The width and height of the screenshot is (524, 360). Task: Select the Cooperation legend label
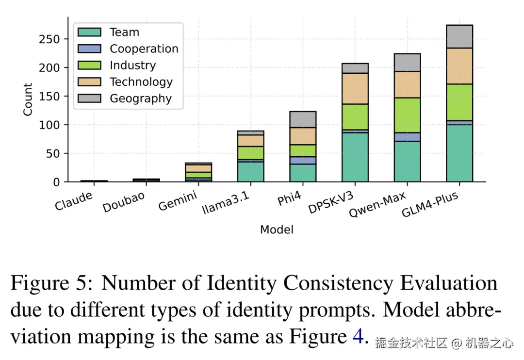pyautogui.click(x=144, y=49)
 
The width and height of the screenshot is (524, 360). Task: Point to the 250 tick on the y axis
pyautogui.click(x=49, y=39)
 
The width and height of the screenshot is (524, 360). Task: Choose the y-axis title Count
pyautogui.click(x=28, y=99)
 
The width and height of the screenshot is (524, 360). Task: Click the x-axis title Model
pyautogui.click(x=277, y=229)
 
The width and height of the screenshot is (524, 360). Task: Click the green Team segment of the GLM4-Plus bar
pyautogui.click(x=459, y=153)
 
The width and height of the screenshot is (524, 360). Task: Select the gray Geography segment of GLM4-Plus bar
pyautogui.click(x=459, y=36)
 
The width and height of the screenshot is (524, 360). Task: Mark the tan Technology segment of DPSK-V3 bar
pyautogui.click(x=355, y=88)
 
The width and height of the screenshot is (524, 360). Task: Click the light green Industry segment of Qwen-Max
pyautogui.click(x=407, y=115)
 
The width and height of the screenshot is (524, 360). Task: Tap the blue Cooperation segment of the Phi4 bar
pyautogui.click(x=303, y=160)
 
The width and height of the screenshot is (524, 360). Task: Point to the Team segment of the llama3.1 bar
pyautogui.click(x=250, y=172)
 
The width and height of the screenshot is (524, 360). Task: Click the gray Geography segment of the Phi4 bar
pyautogui.click(x=303, y=119)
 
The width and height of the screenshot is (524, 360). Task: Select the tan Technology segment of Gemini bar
pyautogui.click(x=198, y=168)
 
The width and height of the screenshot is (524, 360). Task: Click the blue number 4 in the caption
pyautogui.click(x=358, y=337)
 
